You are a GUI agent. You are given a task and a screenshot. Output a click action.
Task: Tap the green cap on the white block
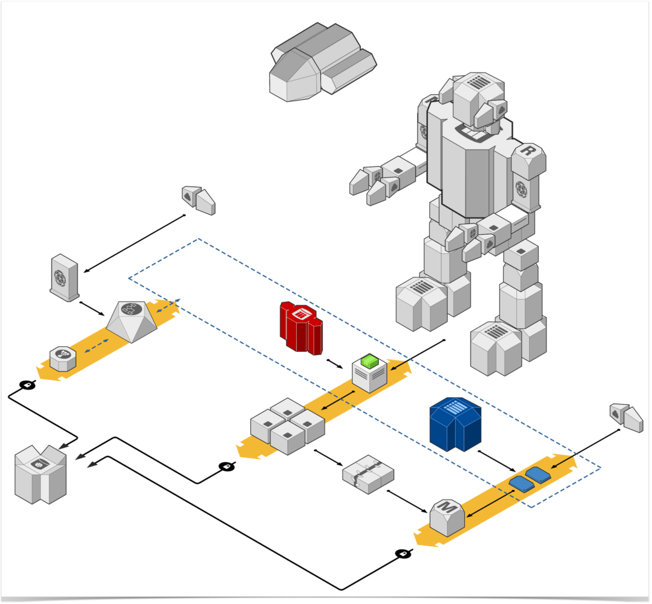pyautogui.click(x=369, y=361)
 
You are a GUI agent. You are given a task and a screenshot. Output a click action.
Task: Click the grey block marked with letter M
pyautogui.click(x=447, y=516)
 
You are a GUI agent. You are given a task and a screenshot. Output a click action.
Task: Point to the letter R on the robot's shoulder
pyautogui.click(x=527, y=151)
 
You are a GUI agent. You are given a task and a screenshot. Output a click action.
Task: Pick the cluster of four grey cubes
pyautogui.click(x=287, y=425)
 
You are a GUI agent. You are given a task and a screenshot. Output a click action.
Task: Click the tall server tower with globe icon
pyautogui.click(x=64, y=277)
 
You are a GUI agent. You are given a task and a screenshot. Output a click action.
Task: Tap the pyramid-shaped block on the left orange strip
pyautogui.click(x=132, y=321)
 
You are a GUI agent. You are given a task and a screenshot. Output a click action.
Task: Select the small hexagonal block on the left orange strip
pyautogui.click(x=63, y=358)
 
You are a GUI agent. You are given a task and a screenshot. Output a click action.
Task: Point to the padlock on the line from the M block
pyautogui.click(x=402, y=554)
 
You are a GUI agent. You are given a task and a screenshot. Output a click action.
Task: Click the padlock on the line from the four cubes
pyautogui.click(x=227, y=467)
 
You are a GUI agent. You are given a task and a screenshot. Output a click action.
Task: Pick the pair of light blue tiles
pyautogui.click(x=529, y=479)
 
